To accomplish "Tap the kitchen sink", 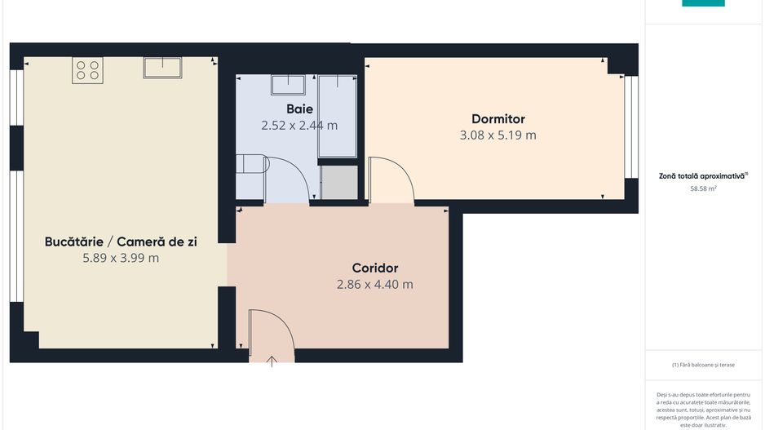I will (162, 67).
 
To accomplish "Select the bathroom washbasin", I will (288, 85).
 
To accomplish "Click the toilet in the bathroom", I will (251, 164).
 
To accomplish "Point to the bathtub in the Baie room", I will (337, 116).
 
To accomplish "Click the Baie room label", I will (299, 109).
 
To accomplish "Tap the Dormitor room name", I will (497, 119).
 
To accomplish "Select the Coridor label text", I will (374, 268).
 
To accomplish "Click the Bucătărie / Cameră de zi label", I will (120, 242).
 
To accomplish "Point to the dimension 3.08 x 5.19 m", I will (497, 135).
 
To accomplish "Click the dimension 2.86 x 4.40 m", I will (374, 285).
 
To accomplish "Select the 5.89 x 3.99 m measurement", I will (120, 258).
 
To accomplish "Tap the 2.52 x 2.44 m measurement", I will (299, 126).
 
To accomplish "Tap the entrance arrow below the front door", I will (272, 361).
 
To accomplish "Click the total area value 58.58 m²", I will (703, 188).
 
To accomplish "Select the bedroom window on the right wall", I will (630, 126).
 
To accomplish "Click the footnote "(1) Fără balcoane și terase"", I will (703, 365).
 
